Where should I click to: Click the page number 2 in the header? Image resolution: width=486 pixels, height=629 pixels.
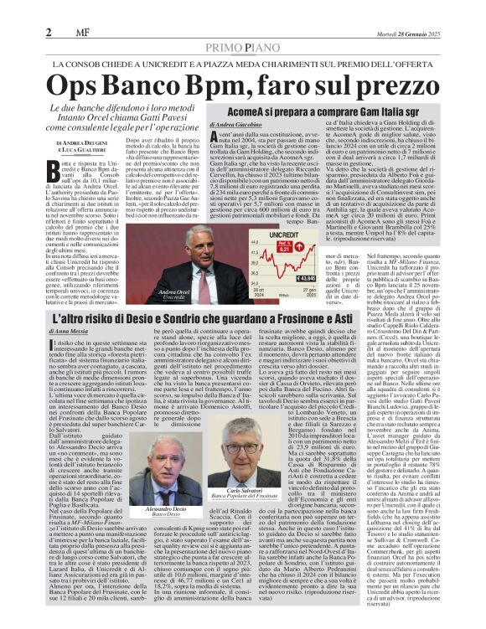coord(49,32)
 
